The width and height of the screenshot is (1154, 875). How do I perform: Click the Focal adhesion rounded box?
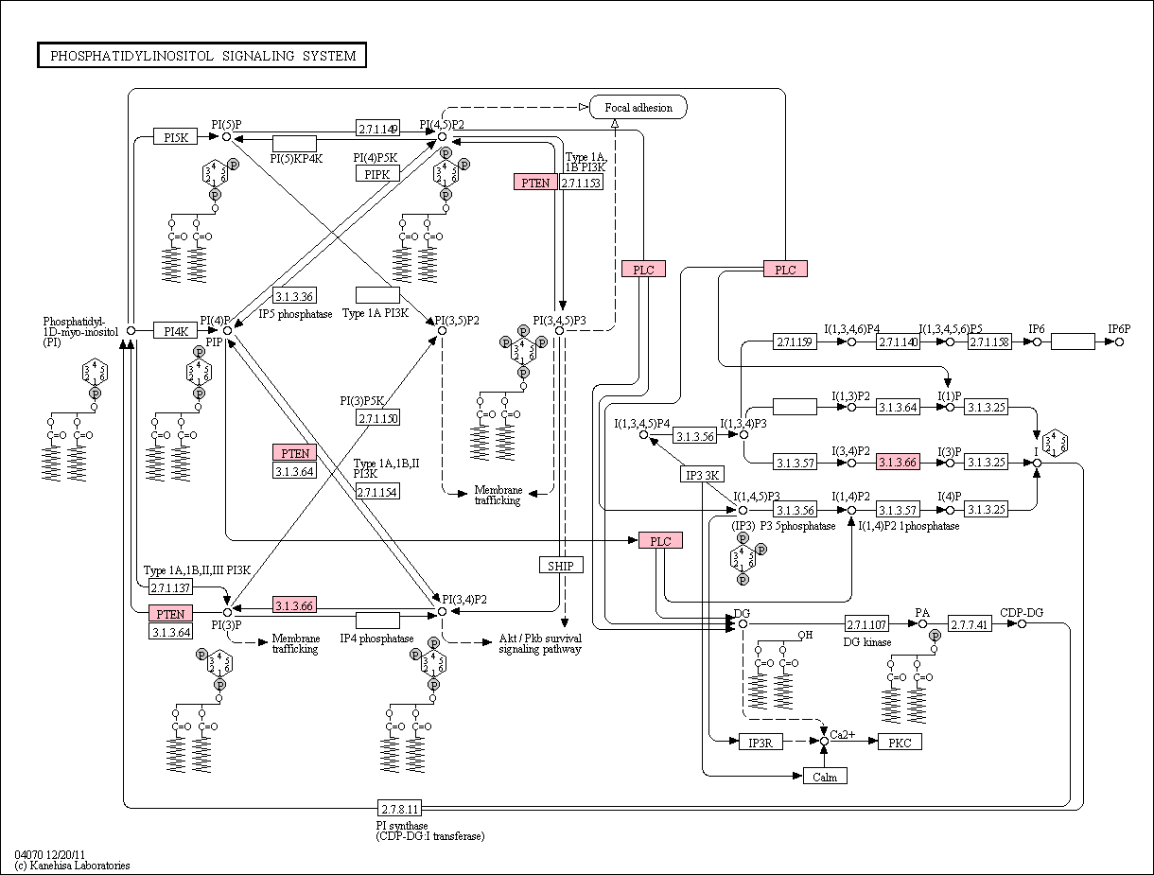pyautogui.click(x=638, y=107)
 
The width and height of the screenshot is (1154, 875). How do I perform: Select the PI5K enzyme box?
pyautogui.click(x=176, y=137)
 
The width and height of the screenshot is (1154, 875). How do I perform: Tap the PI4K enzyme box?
pyautogui.click(x=176, y=330)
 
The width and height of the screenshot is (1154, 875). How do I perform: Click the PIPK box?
pyautogui.click(x=377, y=173)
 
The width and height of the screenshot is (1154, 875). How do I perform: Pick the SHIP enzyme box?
pyautogui.click(x=561, y=566)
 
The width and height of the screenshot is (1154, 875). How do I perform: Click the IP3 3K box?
pyautogui.click(x=702, y=475)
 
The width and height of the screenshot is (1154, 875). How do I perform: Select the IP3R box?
pyautogui.click(x=761, y=742)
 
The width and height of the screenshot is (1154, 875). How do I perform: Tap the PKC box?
pyautogui.click(x=900, y=742)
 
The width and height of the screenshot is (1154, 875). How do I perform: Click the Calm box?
pyautogui.click(x=825, y=777)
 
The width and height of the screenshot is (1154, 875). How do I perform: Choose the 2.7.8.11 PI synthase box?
pyautogui.click(x=399, y=808)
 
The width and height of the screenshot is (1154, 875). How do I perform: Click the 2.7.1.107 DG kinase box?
pyautogui.click(x=866, y=623)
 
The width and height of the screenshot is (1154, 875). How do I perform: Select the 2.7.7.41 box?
pyautogui.click(x=970, y=623)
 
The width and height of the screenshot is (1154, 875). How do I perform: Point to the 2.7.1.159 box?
pyautogui.click(x=795, y=341)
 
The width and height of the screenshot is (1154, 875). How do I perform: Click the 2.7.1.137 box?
pyautogui.click(x=170, y=587)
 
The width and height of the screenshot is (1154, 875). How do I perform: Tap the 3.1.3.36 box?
pyautogui.click(x=294, y=296)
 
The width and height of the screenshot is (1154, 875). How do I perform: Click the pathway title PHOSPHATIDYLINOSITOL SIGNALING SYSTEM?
pyautogui.click(x=202, y=56)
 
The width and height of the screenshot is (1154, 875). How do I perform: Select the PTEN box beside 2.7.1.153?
pyautogui.click(x=535, y=183)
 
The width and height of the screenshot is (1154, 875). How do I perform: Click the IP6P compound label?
pyautogui.click(x=1119, y=329)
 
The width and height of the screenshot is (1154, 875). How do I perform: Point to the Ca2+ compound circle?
pyautogui.click(x=825, y=741)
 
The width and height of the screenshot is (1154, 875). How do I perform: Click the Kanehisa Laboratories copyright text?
pyautogui.click(x=73, y=865)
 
